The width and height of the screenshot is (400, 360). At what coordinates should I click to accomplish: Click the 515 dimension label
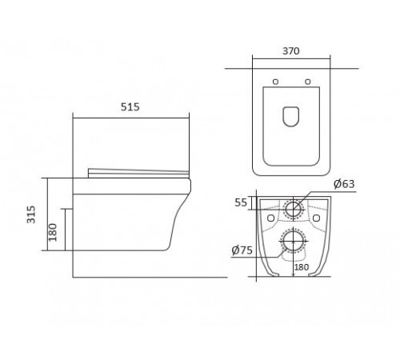(130, 107)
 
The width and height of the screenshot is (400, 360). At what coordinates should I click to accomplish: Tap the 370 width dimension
(291, 51)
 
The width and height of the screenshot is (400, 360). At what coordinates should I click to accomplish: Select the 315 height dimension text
(31, 214)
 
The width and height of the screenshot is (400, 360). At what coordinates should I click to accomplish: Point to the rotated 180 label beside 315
(53, 232)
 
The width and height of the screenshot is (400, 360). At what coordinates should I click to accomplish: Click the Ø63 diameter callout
(344, 184)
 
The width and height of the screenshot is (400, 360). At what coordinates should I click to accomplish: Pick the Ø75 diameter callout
(242, 250)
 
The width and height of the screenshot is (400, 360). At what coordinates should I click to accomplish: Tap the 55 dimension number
(241, 202)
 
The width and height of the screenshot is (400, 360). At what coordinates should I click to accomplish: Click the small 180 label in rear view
(302, 267)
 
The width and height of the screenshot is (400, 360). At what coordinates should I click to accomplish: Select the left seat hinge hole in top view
(275, 82)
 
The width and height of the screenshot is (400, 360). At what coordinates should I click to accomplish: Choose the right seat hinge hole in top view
(308, 82)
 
